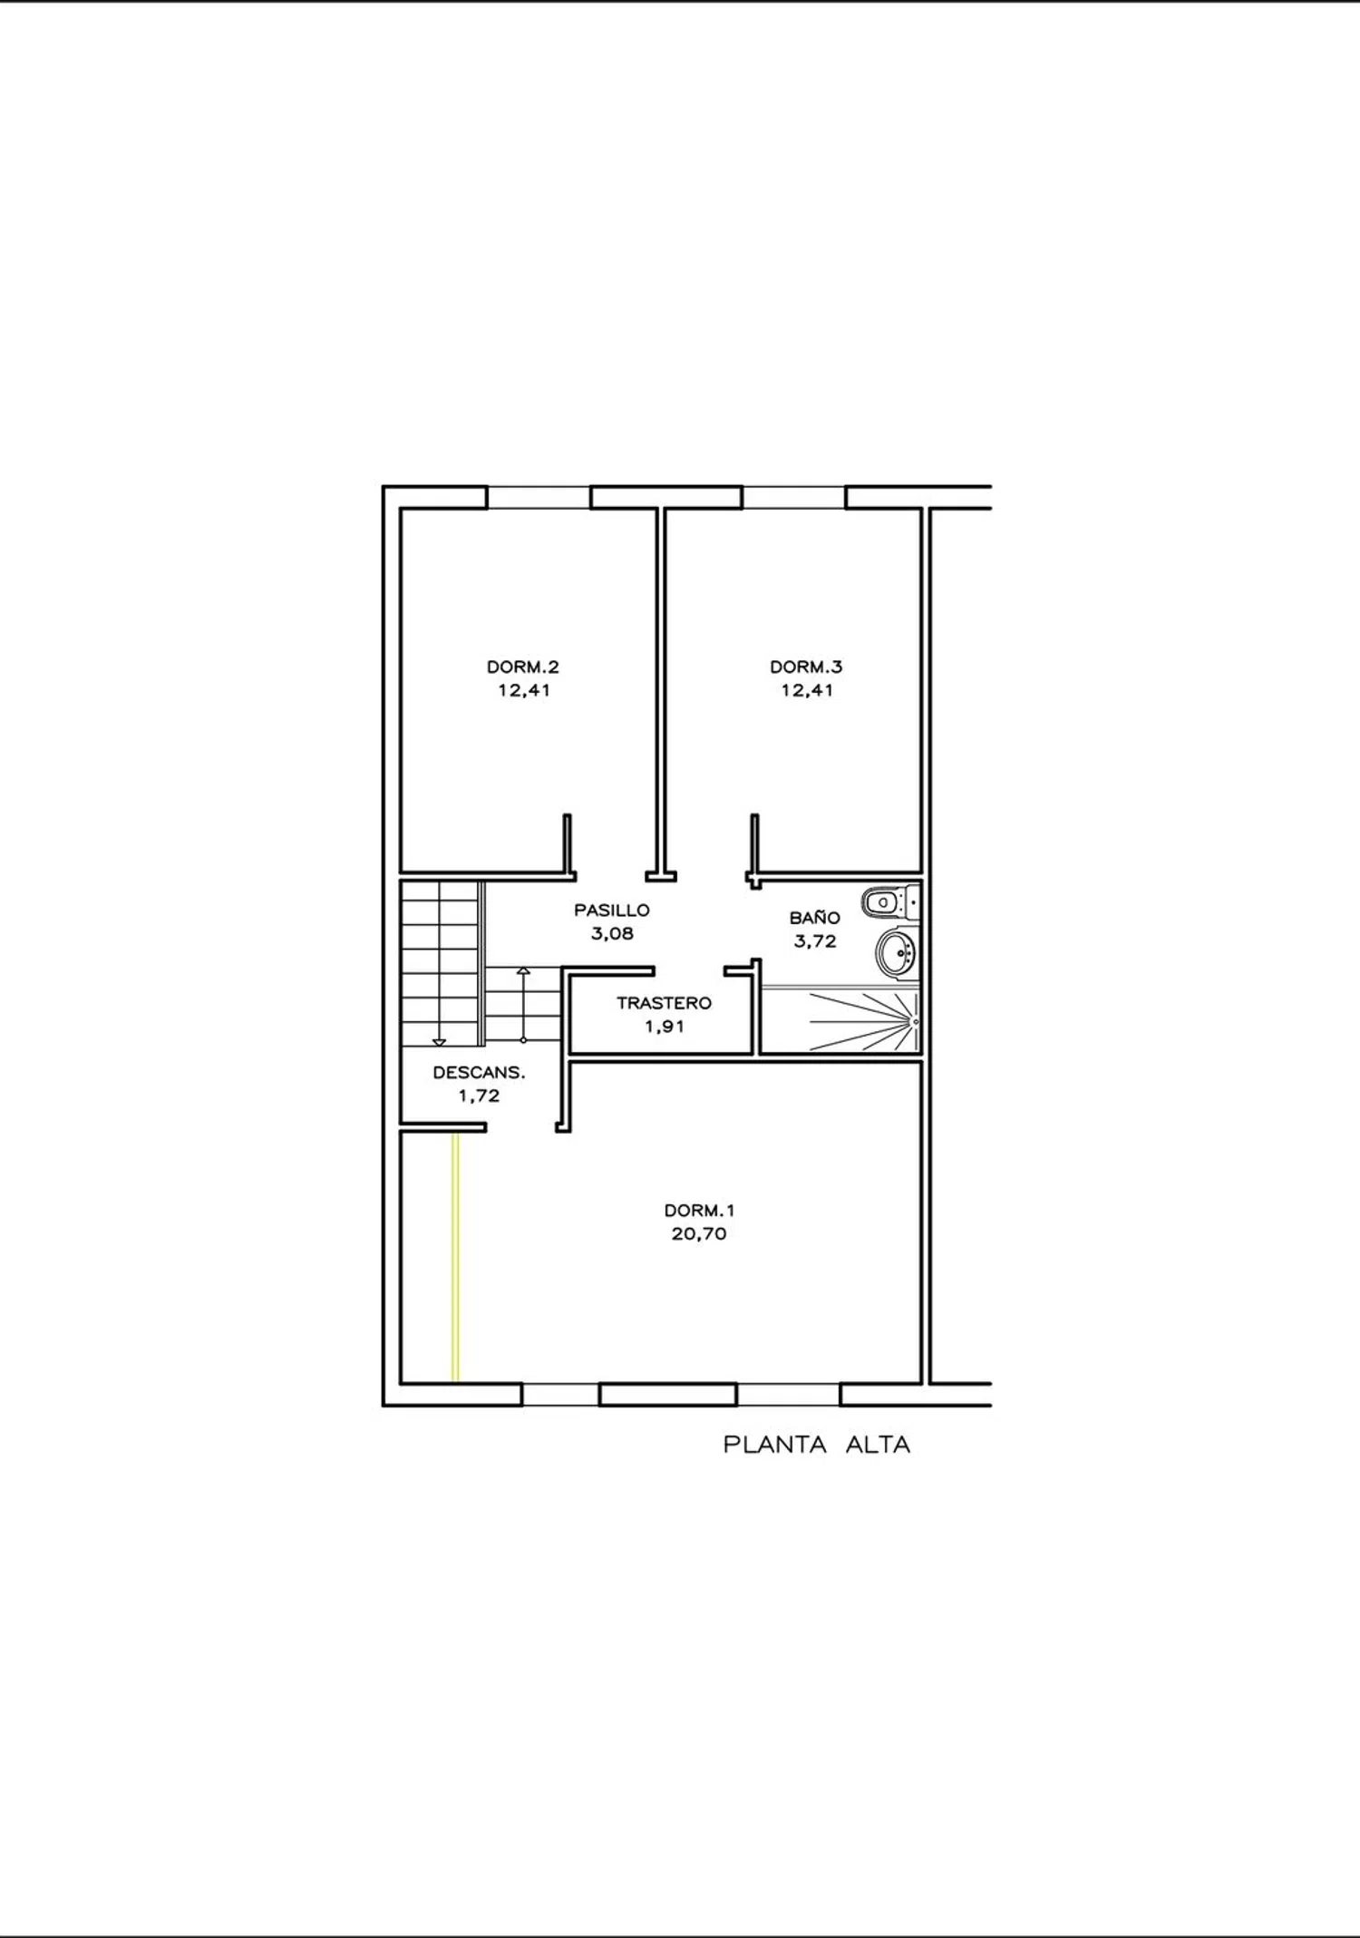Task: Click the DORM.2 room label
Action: pos(523,667)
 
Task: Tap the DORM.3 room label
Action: pos(806,667)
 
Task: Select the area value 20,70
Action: pos(699,1234)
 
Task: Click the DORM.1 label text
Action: pos(700,1211)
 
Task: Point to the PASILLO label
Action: pos(612,910)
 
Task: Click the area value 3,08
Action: pos(612,933)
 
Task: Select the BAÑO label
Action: pos(814,917)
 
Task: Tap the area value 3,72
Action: pos(814,941)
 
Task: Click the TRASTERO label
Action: pos(664,1003)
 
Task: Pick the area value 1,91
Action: pos(664,1027)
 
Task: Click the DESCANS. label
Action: pos(479,1072)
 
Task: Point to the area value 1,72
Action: pos(479,1096)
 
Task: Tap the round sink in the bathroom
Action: pos(896,953)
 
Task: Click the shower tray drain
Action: pos(916,1021)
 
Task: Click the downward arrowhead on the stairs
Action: pos(440,1042)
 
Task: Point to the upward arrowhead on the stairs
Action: pos(523,971)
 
